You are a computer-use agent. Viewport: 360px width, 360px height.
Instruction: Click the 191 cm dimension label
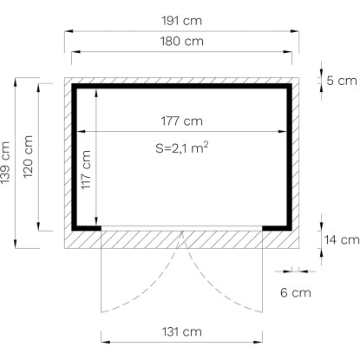181,21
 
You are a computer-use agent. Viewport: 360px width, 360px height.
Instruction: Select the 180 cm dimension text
182,42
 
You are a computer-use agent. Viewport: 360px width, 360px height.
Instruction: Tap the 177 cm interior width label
182,121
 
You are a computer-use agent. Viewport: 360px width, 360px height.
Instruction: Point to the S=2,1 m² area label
182,147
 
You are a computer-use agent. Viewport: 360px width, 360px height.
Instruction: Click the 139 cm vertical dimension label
5,162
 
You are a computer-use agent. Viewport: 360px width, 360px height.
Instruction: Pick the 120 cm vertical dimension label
28,157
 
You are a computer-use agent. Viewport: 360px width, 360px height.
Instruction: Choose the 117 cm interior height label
86,170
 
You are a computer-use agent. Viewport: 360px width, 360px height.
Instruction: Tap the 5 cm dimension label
342,81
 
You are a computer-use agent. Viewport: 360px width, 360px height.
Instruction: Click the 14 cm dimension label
342,239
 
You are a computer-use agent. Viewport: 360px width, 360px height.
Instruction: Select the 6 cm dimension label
296,292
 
